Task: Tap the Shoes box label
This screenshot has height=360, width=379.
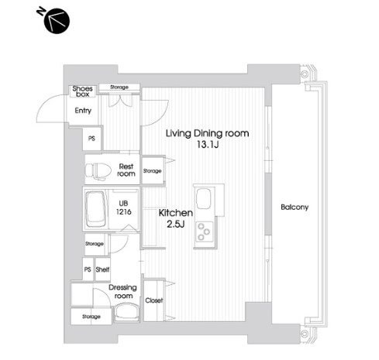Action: [83, 91]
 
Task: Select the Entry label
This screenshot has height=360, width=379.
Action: [83, 111]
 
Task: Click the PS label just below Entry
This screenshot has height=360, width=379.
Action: [91, 139]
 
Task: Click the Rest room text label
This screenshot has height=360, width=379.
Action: [126, 170]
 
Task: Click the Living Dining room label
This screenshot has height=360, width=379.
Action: [208, 133]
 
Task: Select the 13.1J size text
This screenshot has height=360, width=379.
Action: [208, 145]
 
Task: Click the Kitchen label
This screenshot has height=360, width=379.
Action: [175, 211]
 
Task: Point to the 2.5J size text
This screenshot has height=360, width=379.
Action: [177, 224]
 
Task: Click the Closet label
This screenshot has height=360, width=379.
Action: [153, 300]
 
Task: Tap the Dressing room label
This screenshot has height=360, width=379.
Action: [124, 291]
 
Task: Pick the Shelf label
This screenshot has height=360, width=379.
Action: [102, 269]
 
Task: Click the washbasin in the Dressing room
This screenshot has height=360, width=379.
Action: [125, 314]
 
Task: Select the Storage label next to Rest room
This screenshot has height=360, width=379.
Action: [152, 171]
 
